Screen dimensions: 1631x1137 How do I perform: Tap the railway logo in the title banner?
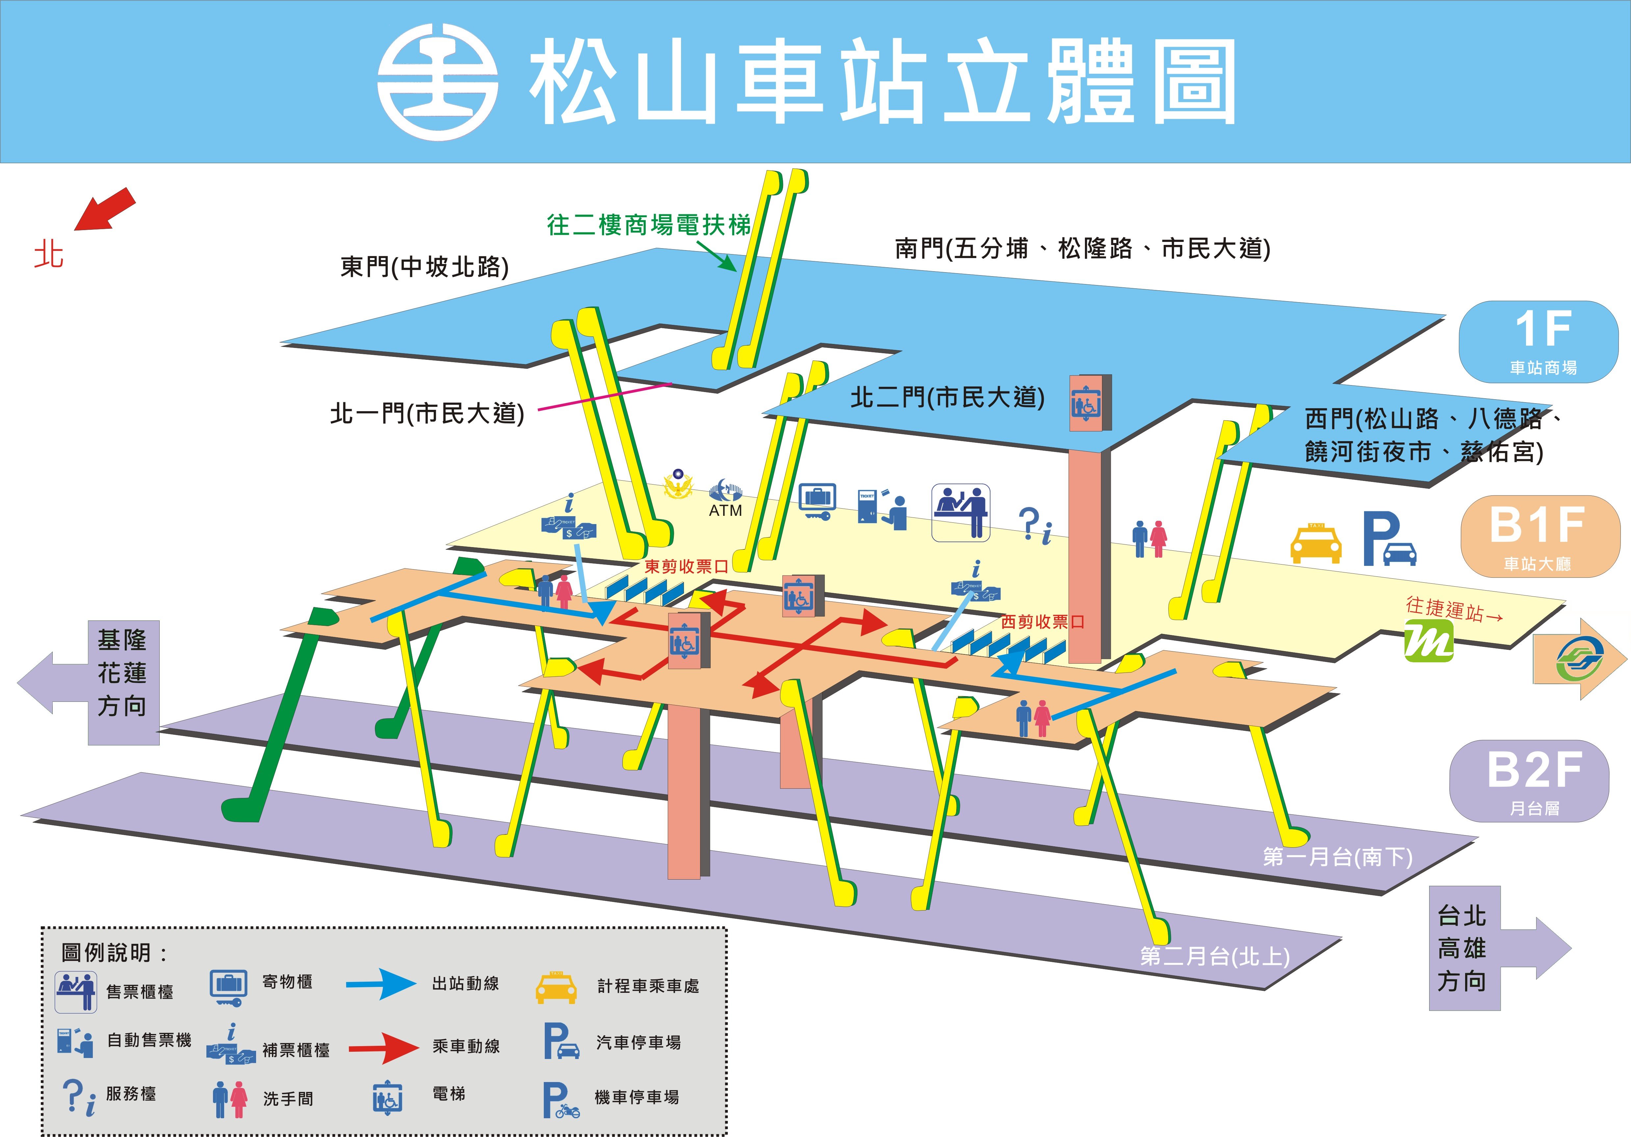pos(437,81)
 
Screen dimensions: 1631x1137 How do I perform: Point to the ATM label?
pos(725,510)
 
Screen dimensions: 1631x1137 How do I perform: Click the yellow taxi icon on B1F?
pos(1316,544)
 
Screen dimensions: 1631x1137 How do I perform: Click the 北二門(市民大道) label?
pos(948,398)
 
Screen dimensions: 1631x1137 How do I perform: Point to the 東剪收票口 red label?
pos(686,567)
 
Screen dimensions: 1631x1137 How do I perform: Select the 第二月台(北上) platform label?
pos(1215,957)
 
